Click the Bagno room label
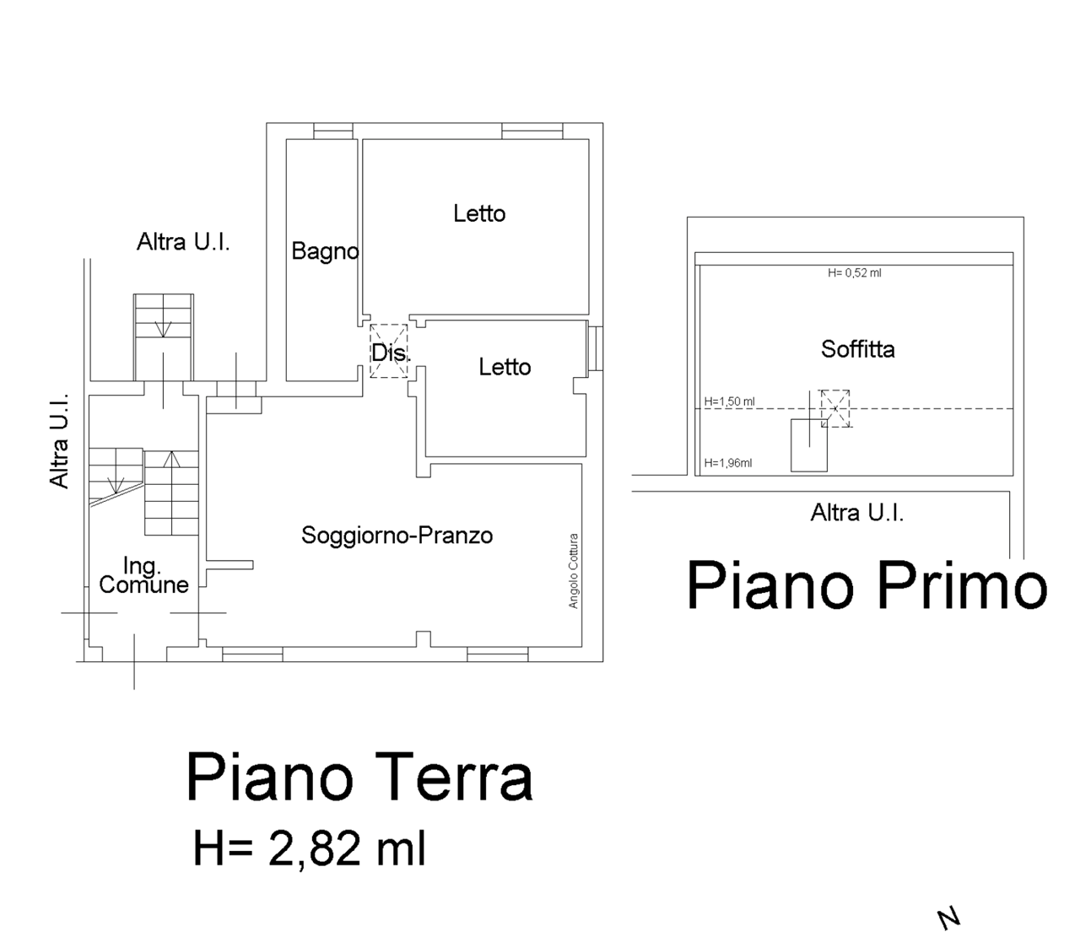pos(325,251)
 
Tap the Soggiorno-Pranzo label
pos(397,536)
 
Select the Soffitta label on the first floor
pos(858,349)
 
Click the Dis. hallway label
pos(391,353)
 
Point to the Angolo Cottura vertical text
pos(573,571)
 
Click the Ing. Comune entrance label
pos(143,575)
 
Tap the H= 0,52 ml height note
pos(855,272)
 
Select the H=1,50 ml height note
pos(730,401)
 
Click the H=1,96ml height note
pos(728,463)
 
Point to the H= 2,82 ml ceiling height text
pos(310,848)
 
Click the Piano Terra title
pos(359,778)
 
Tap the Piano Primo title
pos(867,587)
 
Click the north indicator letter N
pos(948,918)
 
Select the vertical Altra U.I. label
pos(59,440)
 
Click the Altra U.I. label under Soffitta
pos(857,513)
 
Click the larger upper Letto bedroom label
pos(479,213)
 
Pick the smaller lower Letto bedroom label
pos(505,367)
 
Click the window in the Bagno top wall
pos(333,132)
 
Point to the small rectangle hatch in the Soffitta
pos(808,445)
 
